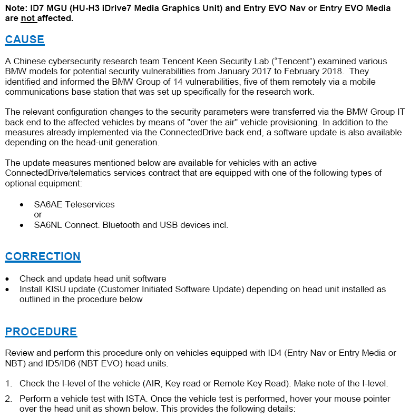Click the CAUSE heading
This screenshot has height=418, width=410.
point(25,39)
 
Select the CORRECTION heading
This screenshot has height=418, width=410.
point(43,256)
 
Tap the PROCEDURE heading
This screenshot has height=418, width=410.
point(41,332)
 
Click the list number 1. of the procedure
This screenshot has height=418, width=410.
point(8,383)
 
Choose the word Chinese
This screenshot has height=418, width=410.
point(27,61)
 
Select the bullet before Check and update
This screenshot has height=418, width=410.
point(7,278)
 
